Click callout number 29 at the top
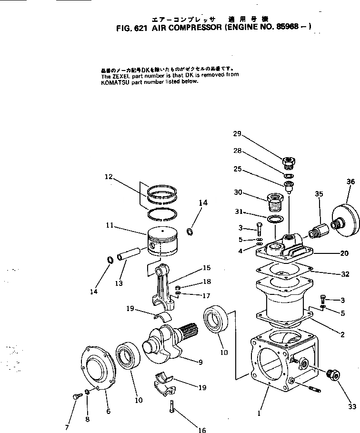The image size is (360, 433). pyautogui.click(x=237, y=134)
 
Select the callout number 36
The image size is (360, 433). pyautogui.click(x=350, y=181)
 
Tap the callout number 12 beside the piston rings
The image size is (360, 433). pyautogui.click(x=109, y=177)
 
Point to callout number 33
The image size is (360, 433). pyautogui.click(x=352, y=406)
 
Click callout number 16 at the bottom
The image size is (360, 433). pyautogui.click(x=202, y=430)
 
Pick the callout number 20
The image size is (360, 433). pyautogui.click(x=344, y=253)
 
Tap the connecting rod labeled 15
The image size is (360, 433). pyautogui.click(x=164, y=285)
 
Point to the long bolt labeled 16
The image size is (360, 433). pyautogui.click(x=172, y=408)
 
